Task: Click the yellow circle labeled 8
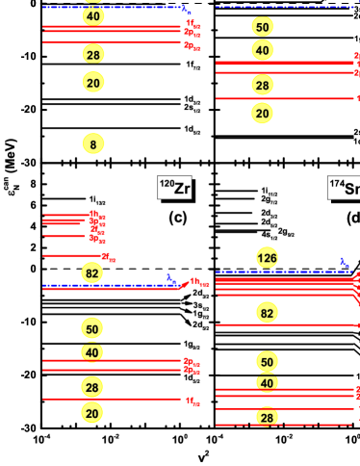coord(92,144)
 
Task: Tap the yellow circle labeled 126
coord(267,258)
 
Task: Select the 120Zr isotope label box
coord(174,188)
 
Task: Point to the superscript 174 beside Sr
coord(337,183)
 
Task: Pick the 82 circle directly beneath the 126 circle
coord(267,313)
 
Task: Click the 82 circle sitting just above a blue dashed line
coord(92,273)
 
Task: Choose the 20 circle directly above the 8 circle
coord(92,84)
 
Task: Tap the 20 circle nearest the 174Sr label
coord(262,114)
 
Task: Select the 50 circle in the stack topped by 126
coord(267,362)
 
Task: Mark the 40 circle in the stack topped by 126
coord(267,383)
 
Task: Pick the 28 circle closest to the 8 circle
coord(92,54)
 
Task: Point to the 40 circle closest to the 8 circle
coord(92,16)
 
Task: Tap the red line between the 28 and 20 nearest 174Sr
coord(284,98)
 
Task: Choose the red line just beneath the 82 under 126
coord(284,325)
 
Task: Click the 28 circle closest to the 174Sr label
coord(262,85)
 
